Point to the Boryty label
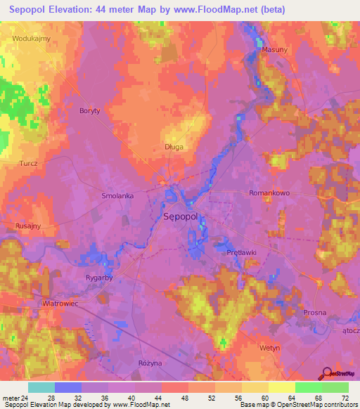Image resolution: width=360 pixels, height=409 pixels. (x=90, y=111)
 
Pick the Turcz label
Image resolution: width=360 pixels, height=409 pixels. (x=29, y=162)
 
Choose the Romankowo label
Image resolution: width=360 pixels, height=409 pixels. (x=270, y=192)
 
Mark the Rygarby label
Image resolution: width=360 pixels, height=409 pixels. (x=99, y=278)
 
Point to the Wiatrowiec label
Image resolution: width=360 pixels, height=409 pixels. (x=60, y=304)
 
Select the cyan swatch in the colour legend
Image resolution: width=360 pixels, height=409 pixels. (x=41, y=387)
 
